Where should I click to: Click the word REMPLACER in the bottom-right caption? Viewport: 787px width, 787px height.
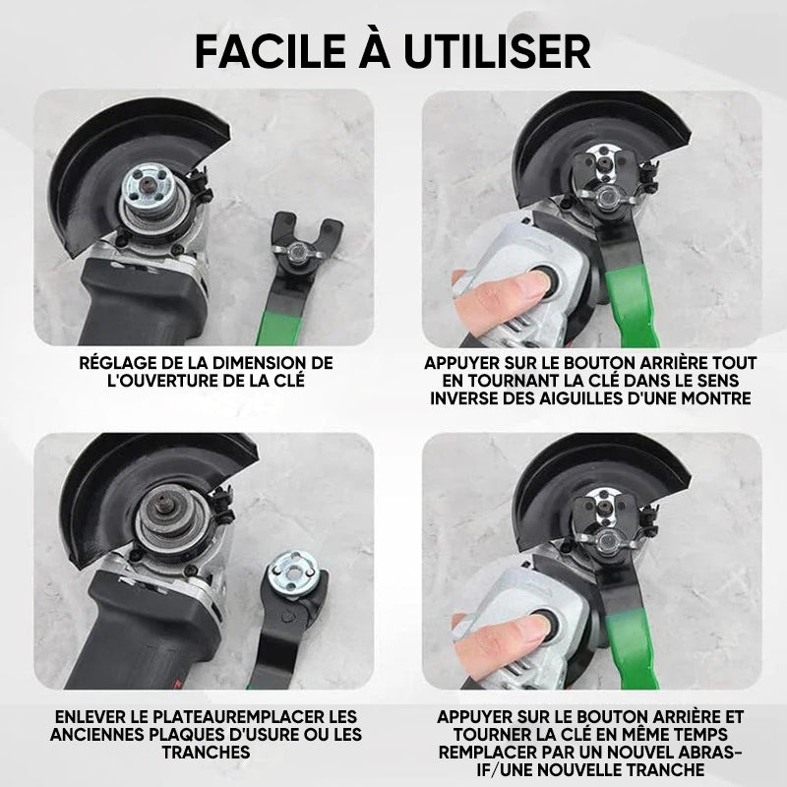pos(490,753)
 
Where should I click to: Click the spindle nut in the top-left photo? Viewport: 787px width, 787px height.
pos(148,191)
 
